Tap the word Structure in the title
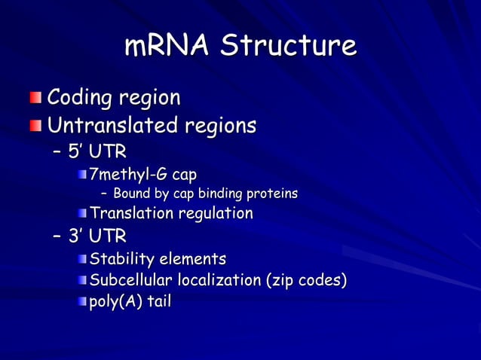(x=289, y=45)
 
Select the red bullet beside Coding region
(x=37, y=99)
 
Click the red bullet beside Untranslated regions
(x=37, y=124)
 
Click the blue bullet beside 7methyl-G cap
(x=81, y=176)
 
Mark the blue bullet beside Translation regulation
(x=81, y=214)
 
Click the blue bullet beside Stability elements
(x=81, y=261)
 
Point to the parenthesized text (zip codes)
(x=305, y=281)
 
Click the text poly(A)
(x=115, y=302)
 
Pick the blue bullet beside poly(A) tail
(x=81, y=303)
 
